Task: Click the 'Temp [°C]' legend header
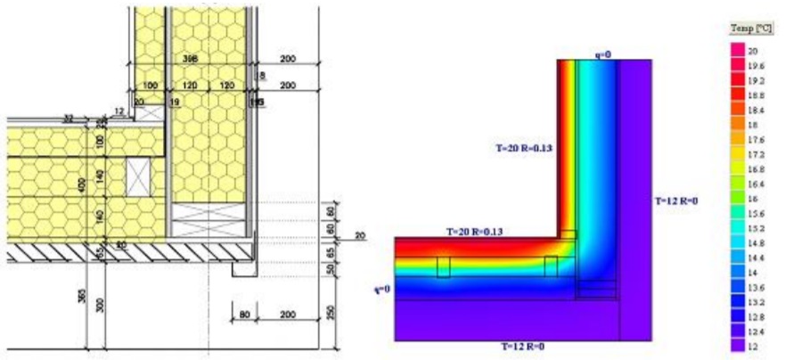747,29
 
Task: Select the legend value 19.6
754,65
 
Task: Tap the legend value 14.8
754,243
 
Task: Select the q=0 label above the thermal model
603,54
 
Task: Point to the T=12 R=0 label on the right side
675,200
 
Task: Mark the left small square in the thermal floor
443,267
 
